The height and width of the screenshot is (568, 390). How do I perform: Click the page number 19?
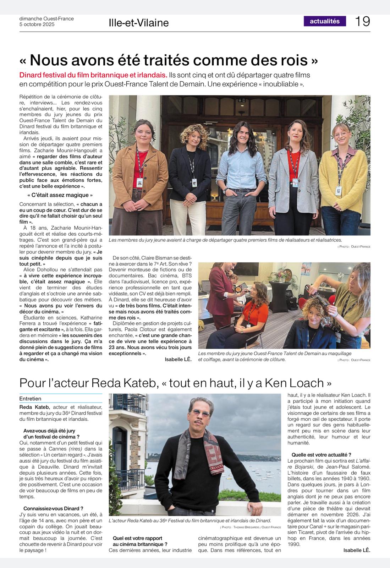(x=362, y=21)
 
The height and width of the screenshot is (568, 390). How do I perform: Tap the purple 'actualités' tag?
(x=325, y=21)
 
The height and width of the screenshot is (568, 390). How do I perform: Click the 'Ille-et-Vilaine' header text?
(x=139, y=23)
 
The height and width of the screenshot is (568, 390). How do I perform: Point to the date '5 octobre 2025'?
(x=37, y=24)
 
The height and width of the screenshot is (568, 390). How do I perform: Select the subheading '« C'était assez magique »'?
(x=60, y=195)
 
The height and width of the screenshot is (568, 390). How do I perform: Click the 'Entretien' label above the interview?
(x=31, y=399)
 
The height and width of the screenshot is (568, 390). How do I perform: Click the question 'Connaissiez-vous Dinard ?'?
(x=54, y=508)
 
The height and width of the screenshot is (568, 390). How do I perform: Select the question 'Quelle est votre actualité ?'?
(x=322, y=454)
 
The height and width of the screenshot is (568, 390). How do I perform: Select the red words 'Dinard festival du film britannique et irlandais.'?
(x=93, y=75)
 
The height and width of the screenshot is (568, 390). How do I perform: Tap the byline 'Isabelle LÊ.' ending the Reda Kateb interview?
(x=357, y=550)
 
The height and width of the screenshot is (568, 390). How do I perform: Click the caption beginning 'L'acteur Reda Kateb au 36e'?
(x=190, y=520)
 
